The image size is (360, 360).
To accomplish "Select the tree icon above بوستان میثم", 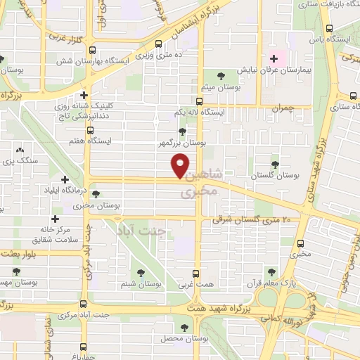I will [x=222, y=76].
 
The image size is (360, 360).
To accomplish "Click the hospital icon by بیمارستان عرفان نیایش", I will [x=273, y=59].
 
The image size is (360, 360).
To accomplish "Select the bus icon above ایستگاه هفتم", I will [x=90, y=130].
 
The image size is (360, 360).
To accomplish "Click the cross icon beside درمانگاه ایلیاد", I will [x=65, y=180].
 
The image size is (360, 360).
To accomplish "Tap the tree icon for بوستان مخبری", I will [x=96, y=194].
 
